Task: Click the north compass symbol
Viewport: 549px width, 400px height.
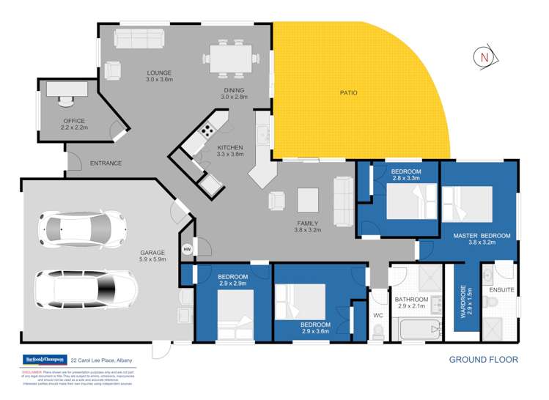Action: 482,56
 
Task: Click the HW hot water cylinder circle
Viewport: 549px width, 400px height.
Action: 186,248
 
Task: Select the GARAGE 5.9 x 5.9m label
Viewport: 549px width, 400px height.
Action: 153,256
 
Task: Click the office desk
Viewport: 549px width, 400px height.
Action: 67,89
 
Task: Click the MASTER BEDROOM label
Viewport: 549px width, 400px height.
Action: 481,240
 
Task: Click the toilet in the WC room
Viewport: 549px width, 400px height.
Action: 378,331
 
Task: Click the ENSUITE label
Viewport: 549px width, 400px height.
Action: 501,291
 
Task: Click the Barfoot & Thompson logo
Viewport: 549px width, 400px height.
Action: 41,360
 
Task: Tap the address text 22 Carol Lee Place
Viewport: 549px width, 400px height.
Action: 103,360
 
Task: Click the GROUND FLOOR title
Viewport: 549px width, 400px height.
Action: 483,360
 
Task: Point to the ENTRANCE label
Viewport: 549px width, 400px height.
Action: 106,163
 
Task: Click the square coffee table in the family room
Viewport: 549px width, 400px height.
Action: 308,199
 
